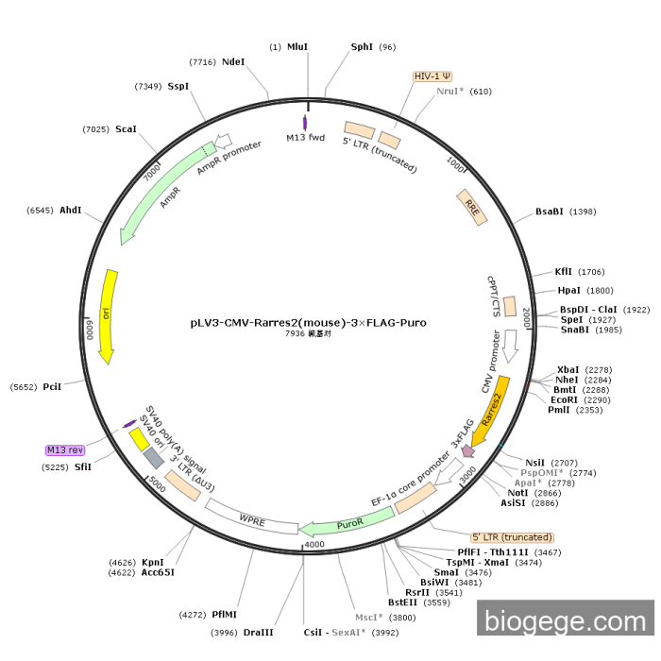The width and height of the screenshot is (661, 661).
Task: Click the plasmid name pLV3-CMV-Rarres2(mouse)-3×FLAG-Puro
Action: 308,322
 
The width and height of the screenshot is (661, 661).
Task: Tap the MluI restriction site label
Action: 297,46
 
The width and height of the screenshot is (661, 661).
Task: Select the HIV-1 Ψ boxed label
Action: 432,76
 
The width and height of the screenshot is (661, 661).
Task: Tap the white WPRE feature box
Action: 250,517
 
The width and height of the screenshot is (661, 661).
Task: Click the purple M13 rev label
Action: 65,450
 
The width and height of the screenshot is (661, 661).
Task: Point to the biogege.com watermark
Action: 565,621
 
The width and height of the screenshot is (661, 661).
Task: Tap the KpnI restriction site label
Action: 153,562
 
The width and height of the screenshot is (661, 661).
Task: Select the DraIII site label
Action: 258,632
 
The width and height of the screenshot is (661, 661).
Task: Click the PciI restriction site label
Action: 52,387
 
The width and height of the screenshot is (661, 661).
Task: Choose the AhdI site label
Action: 71,210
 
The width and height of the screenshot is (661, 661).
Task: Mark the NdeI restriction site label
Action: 233,61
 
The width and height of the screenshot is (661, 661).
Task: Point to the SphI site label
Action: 362,46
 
